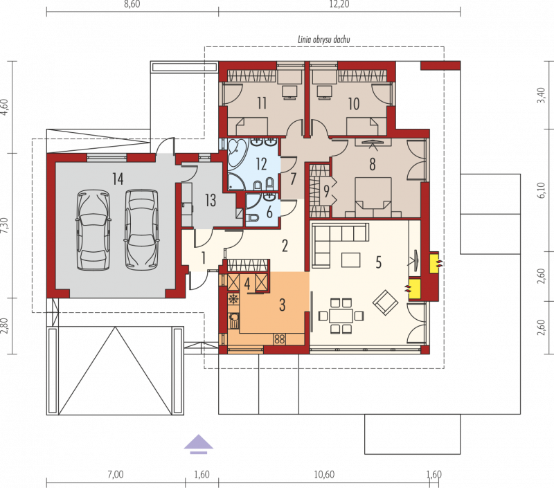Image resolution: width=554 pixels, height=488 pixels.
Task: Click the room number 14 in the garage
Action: [118, 179]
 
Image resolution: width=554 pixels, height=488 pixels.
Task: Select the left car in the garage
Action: [93, 231]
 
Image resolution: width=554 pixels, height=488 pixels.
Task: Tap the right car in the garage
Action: [142, 231]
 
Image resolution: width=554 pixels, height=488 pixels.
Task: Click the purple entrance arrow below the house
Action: [199, 444]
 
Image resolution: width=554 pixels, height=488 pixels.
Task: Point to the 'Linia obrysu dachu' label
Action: [324, 39]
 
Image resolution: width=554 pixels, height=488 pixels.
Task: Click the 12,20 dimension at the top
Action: [339, 4]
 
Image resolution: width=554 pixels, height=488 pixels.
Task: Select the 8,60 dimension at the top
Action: [132, 4]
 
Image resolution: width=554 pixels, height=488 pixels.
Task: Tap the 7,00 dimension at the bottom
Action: [116, 474]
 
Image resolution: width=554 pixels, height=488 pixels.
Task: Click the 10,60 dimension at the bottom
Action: [324, 474]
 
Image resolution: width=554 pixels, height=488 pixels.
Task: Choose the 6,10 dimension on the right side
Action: [542, 190]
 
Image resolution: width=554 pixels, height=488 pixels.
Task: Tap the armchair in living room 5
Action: [386, 303]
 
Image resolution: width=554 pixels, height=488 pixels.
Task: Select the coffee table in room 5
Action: [351, 260]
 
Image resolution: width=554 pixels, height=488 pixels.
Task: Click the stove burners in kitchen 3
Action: [280, 339]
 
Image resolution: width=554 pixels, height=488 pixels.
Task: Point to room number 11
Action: [262, 103]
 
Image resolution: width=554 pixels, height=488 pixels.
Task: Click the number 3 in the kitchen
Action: [283, 305]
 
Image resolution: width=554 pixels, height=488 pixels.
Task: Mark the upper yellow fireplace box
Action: [434, 262]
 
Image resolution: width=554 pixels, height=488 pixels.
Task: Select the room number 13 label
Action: [211, 200]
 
